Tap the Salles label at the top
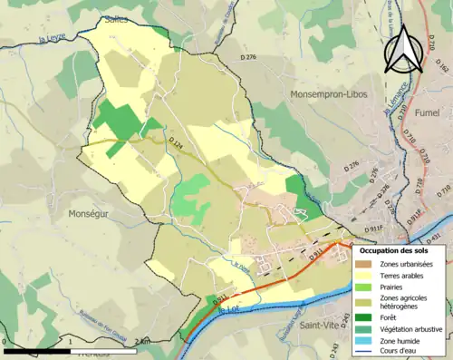pyautogui.click(x=115, y=18)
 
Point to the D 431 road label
pyautogui.click(x=438, y=238)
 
